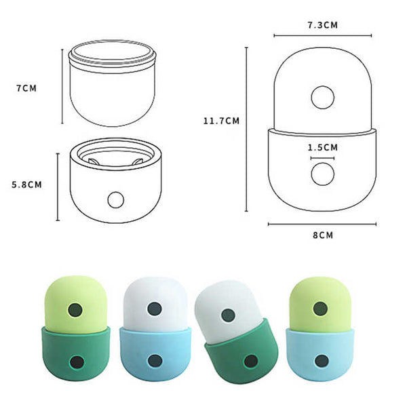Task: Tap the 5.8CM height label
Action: pos(28,184)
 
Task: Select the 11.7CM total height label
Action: pos(220,121)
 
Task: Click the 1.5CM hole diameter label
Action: pos(322,147)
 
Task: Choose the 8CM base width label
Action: pos(324,235)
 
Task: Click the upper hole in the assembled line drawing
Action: pos(322,98)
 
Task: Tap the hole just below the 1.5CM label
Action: pos(322,174)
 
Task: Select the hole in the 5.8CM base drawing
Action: pos(117,200)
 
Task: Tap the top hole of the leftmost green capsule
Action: pos(76,310)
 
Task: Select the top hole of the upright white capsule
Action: pos(156,309)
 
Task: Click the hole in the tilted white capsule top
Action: pos(228,315)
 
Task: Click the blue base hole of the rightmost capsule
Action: pos(320,360)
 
